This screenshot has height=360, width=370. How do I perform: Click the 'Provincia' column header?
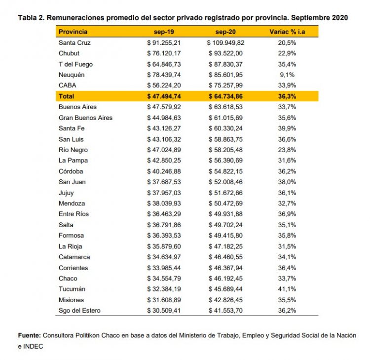click(x=73, y=32)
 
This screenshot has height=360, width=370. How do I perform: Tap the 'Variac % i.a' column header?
click(x=286, y=32)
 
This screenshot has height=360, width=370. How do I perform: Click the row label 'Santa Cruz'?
click(x=74, y=42)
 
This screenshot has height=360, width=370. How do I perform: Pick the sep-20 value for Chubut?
click(x=225, y=53)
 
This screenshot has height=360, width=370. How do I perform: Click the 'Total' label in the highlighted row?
click(x=66, y=96)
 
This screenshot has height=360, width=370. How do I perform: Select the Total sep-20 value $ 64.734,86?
click(x=225, y=96)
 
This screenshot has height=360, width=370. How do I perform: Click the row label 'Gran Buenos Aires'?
click(x=85, y=118)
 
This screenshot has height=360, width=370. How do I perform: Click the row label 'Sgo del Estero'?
click(x=80, y=310)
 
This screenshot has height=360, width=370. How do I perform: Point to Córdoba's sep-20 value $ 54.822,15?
click(x=225, y=171)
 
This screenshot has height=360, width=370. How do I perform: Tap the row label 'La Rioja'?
click(x=70, y=246)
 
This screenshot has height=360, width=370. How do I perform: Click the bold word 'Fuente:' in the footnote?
click(x=29, y=335)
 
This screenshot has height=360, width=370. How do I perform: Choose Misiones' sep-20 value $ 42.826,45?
click(x=225, y=300)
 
